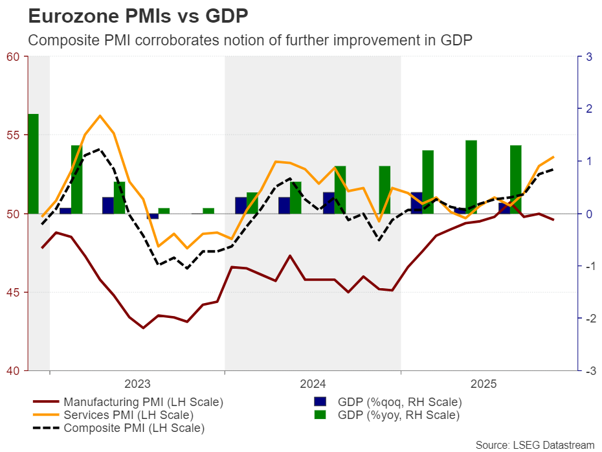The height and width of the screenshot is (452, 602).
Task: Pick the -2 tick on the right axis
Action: (x=588, y=319)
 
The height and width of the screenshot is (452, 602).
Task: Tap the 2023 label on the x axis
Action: (x=137, y=384)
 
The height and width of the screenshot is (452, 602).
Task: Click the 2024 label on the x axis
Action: (x=313, y=384)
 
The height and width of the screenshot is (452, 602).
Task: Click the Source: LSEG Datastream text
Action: (x=535, y=445)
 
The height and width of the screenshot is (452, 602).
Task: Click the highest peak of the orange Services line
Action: (x=100, y=116)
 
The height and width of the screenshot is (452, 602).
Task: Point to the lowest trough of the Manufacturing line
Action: (x=144, y=328)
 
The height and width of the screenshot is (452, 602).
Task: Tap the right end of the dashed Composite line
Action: (x=553, y=170)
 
